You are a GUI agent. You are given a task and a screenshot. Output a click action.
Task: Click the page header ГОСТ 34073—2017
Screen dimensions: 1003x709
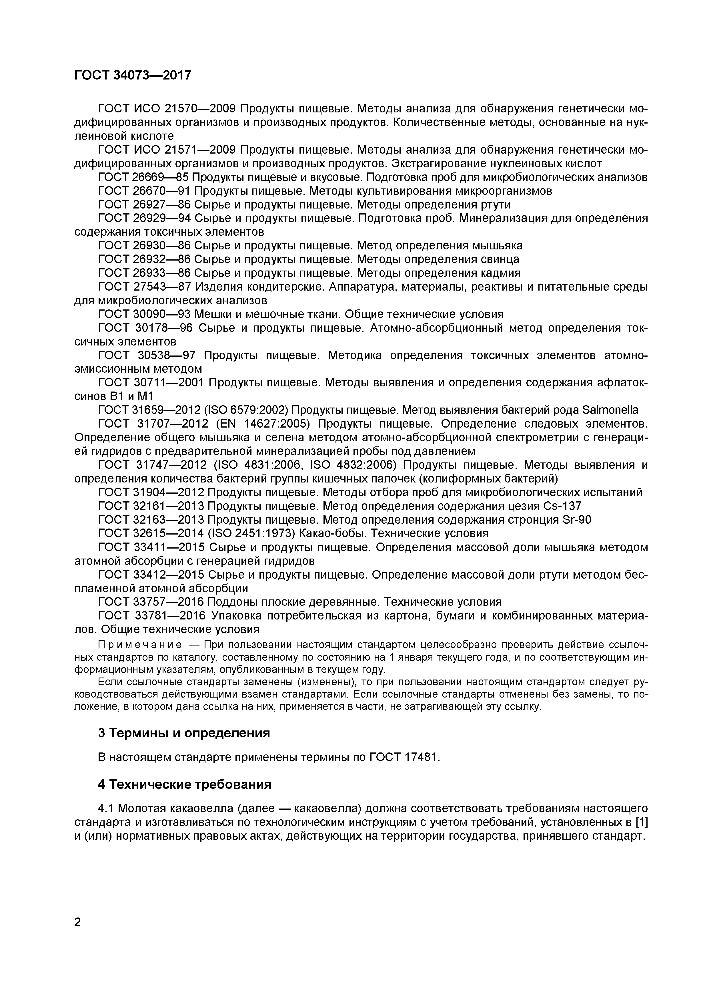[133, 75]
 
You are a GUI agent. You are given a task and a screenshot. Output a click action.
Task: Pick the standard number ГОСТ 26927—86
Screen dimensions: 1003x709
[144, 204]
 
